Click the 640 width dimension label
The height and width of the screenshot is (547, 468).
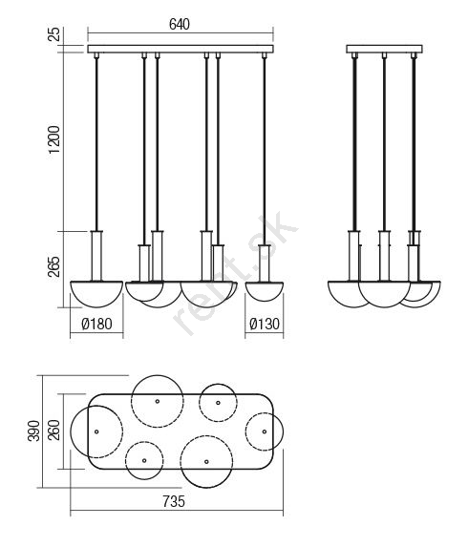(180, 25)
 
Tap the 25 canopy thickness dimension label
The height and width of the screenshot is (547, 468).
(54, 34)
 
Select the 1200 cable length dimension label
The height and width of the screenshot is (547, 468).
(54, 139)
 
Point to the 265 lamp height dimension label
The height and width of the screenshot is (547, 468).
(54, 267)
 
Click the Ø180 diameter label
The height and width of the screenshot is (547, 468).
(96, 324)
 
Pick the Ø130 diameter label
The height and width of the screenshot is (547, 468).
(265, 324)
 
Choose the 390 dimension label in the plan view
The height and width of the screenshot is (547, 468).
(33, 431)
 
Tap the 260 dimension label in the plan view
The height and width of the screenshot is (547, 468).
(54, 431)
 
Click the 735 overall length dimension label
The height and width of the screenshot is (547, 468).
(174, 501)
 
